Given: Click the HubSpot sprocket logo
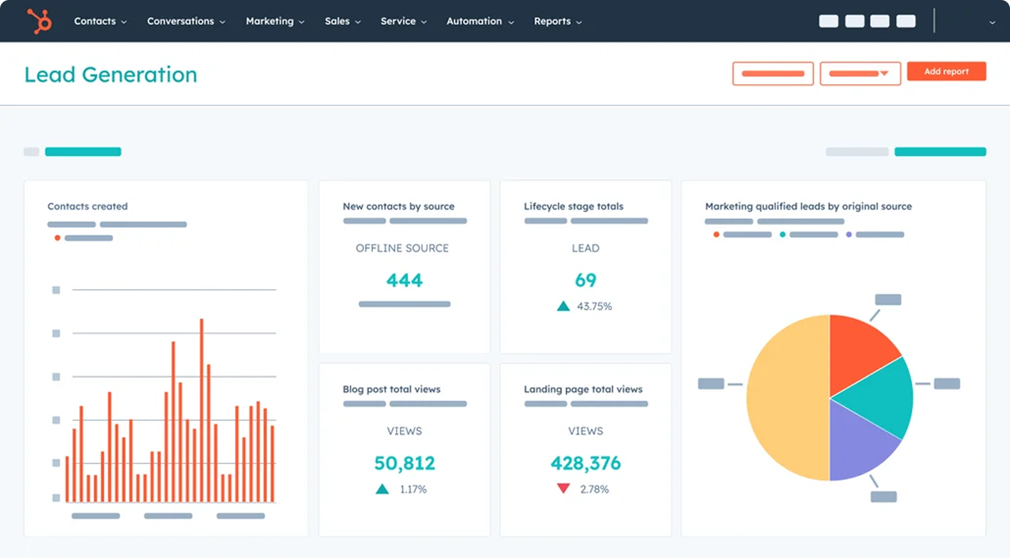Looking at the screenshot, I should [40, 21].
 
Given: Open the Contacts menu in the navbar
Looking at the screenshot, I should [100, 21].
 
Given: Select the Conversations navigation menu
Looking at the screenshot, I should [186, 21].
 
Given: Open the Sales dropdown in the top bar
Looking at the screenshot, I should [342, 21].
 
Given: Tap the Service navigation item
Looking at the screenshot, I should [403, 21].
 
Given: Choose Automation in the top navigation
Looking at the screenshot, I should [480, 21].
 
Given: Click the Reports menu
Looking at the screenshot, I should [557, 21].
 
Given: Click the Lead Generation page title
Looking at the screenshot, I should [111, 75].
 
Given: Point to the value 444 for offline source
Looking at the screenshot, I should [404, 280].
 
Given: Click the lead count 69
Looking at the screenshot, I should [585, 280].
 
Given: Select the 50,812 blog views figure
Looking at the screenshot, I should [404, 463].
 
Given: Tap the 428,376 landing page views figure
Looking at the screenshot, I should [585, 463].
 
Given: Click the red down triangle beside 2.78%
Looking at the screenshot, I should [563, 488].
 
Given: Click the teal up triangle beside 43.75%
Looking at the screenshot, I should [563, 307].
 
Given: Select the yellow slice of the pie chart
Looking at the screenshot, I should [786, 399].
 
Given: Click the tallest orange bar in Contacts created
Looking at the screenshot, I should [201, 410].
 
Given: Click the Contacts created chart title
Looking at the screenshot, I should [88, 206].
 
